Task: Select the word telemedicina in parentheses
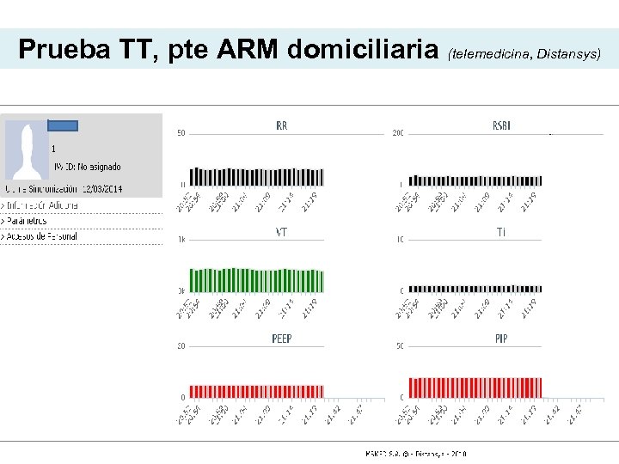[489, 54]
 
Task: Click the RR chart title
[282, 125]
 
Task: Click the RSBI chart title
[501, 125]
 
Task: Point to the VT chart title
[281, 232]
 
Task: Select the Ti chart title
[501, 232]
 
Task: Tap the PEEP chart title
[282, 339]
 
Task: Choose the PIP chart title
[501, 339]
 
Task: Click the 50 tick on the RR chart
[181, 133]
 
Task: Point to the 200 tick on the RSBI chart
[398, 133]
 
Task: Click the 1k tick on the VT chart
[181, 240]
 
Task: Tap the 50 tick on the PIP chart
[399, 346]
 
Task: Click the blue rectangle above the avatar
[63, 125]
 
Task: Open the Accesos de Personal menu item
[40, 236]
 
